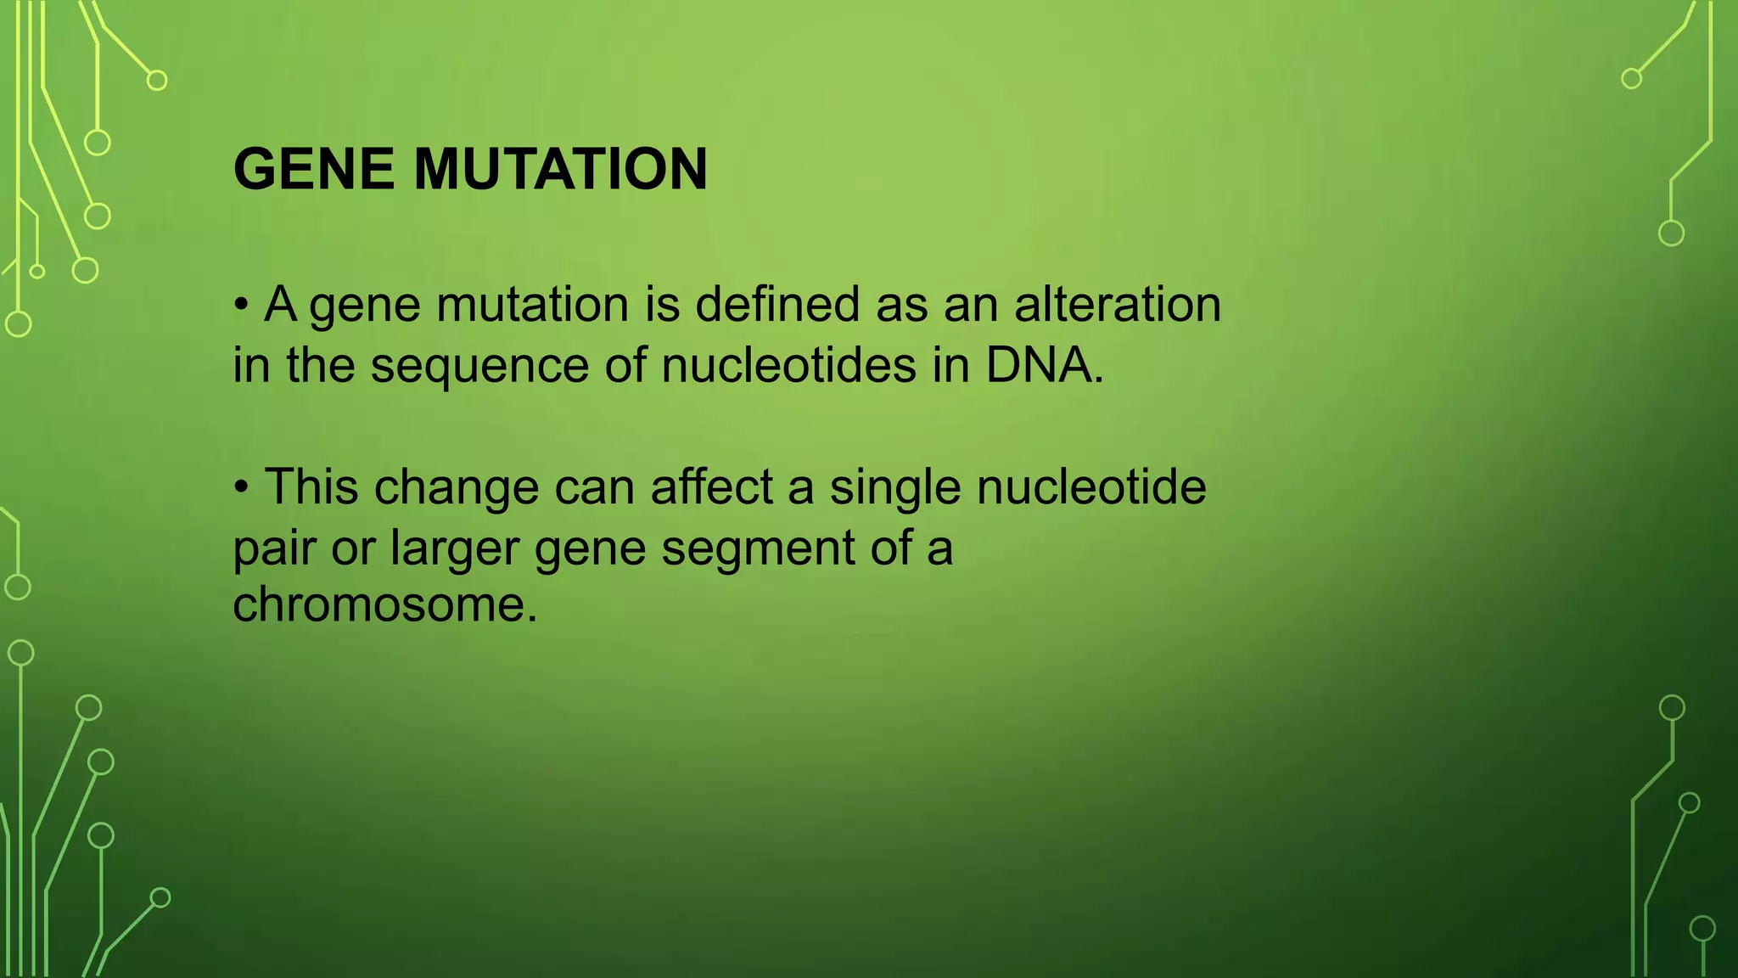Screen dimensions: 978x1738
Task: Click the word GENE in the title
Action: pyautogui.click(x=314, y=169)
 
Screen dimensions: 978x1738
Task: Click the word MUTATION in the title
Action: pyautogui.click(x=560, y=169)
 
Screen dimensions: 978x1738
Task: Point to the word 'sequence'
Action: pyautogui.click(x=479, y=367)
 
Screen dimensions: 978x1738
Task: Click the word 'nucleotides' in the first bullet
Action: pyautogui.click(x=789, y=365)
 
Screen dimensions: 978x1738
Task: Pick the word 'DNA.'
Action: pyautogui.click(x=1045, y=365)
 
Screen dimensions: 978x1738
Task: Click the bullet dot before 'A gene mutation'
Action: pyautogui.click(x=242, y=304)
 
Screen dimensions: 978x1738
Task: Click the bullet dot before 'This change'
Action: pyautogui.click(x=242, y=487)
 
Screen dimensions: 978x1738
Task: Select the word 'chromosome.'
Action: pyautogui.click(x=385, y=604)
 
